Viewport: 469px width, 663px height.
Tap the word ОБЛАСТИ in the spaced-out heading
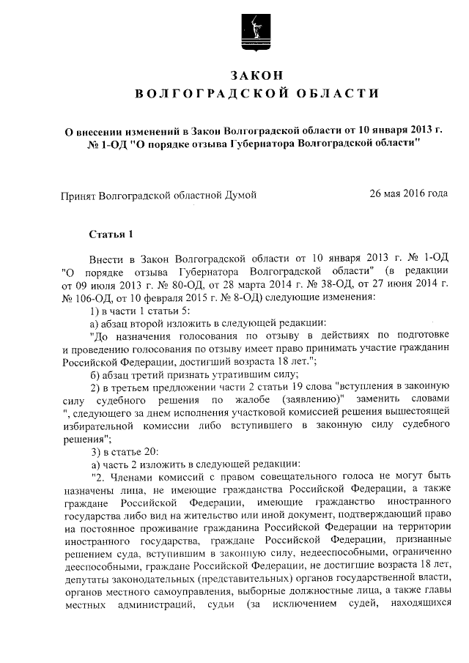pos(335,94)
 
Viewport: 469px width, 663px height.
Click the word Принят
pos(76,196)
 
